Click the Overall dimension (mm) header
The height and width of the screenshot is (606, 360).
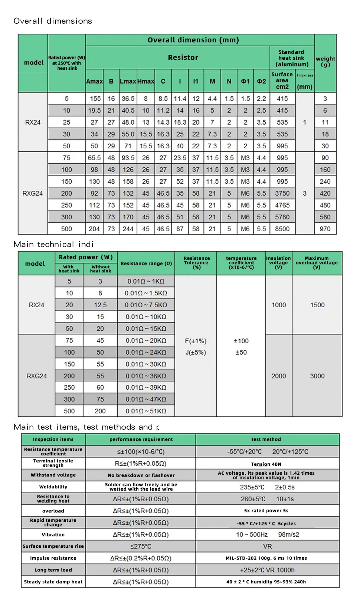point(193,40)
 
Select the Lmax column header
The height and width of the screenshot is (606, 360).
point(128,81)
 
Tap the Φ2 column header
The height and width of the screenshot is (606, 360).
point(261,81)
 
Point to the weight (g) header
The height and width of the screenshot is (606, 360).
point(325,62)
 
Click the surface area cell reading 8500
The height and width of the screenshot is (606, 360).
point(282,229)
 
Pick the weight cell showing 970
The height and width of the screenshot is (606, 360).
point(325,229)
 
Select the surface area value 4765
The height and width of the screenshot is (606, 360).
point(282,205)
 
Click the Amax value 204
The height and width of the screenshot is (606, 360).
point(94,229)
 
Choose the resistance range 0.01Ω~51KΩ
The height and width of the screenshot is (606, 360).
point(146,411)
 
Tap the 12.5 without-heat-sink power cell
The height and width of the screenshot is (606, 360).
point(100,305)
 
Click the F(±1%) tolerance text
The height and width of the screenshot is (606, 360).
point(196,341)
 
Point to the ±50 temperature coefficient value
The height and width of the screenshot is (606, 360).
point(241,353)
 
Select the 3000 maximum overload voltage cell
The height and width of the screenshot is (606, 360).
point(317,376)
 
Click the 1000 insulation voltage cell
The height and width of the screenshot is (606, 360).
point(279,305)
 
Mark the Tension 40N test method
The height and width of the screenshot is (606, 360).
point(266,464)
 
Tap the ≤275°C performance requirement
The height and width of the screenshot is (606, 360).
point(141,546)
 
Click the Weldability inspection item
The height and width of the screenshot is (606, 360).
point(53,487)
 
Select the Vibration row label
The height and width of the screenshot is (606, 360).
point(53,535)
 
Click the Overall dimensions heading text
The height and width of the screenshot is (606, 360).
point(53,21)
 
